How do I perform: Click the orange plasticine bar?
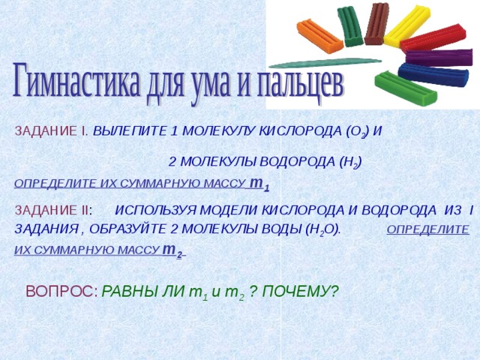tap(320, 37)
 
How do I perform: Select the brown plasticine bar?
tap(376, 24)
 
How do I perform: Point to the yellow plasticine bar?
tap(407, 27)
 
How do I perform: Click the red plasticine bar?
tap(433, 38)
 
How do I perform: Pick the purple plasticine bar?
tap(439, 58)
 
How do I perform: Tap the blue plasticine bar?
tap(433, 75)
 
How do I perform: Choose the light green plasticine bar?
tap(406, 88)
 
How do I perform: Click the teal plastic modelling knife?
tap(325, 63)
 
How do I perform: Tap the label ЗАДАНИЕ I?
tap(52, 131)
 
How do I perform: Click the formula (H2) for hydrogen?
tap(350, 162)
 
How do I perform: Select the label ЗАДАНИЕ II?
tap(52, 210)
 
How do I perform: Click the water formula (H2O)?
tap(323, 229)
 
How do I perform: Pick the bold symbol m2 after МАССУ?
tap(172, 250)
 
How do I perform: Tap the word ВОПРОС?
tap(61, 291)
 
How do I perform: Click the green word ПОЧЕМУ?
tap(301, 292)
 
